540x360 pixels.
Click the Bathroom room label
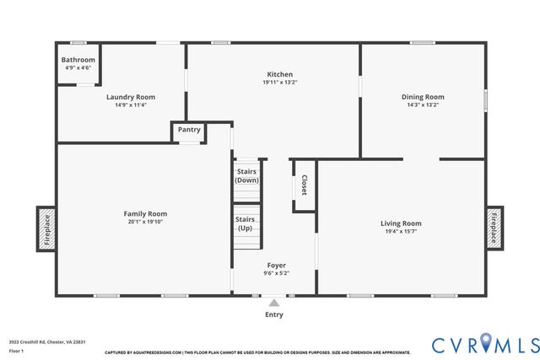[77, 61]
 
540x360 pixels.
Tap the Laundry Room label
[131, 97]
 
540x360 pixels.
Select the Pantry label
[189, 130]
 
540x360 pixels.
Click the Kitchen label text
[279, 74]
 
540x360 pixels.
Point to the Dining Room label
[423, 97]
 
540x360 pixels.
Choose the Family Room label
[145, 214]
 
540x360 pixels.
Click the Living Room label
[401, 223]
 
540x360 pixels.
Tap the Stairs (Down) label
[246, 175]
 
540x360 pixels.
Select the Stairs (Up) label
[245, 223]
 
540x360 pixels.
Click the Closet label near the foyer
[304, 185]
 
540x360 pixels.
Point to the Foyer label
[277, 265]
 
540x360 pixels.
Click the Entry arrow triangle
[274, 301]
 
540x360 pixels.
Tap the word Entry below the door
[274, 314]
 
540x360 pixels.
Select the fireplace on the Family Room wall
[47, 228]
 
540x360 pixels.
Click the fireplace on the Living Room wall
[494, 228]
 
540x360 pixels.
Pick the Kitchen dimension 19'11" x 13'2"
[279, 83]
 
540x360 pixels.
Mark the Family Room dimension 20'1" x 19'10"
[145, 223]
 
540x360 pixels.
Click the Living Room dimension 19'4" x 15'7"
[401, 232]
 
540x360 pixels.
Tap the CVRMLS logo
[485, 344]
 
